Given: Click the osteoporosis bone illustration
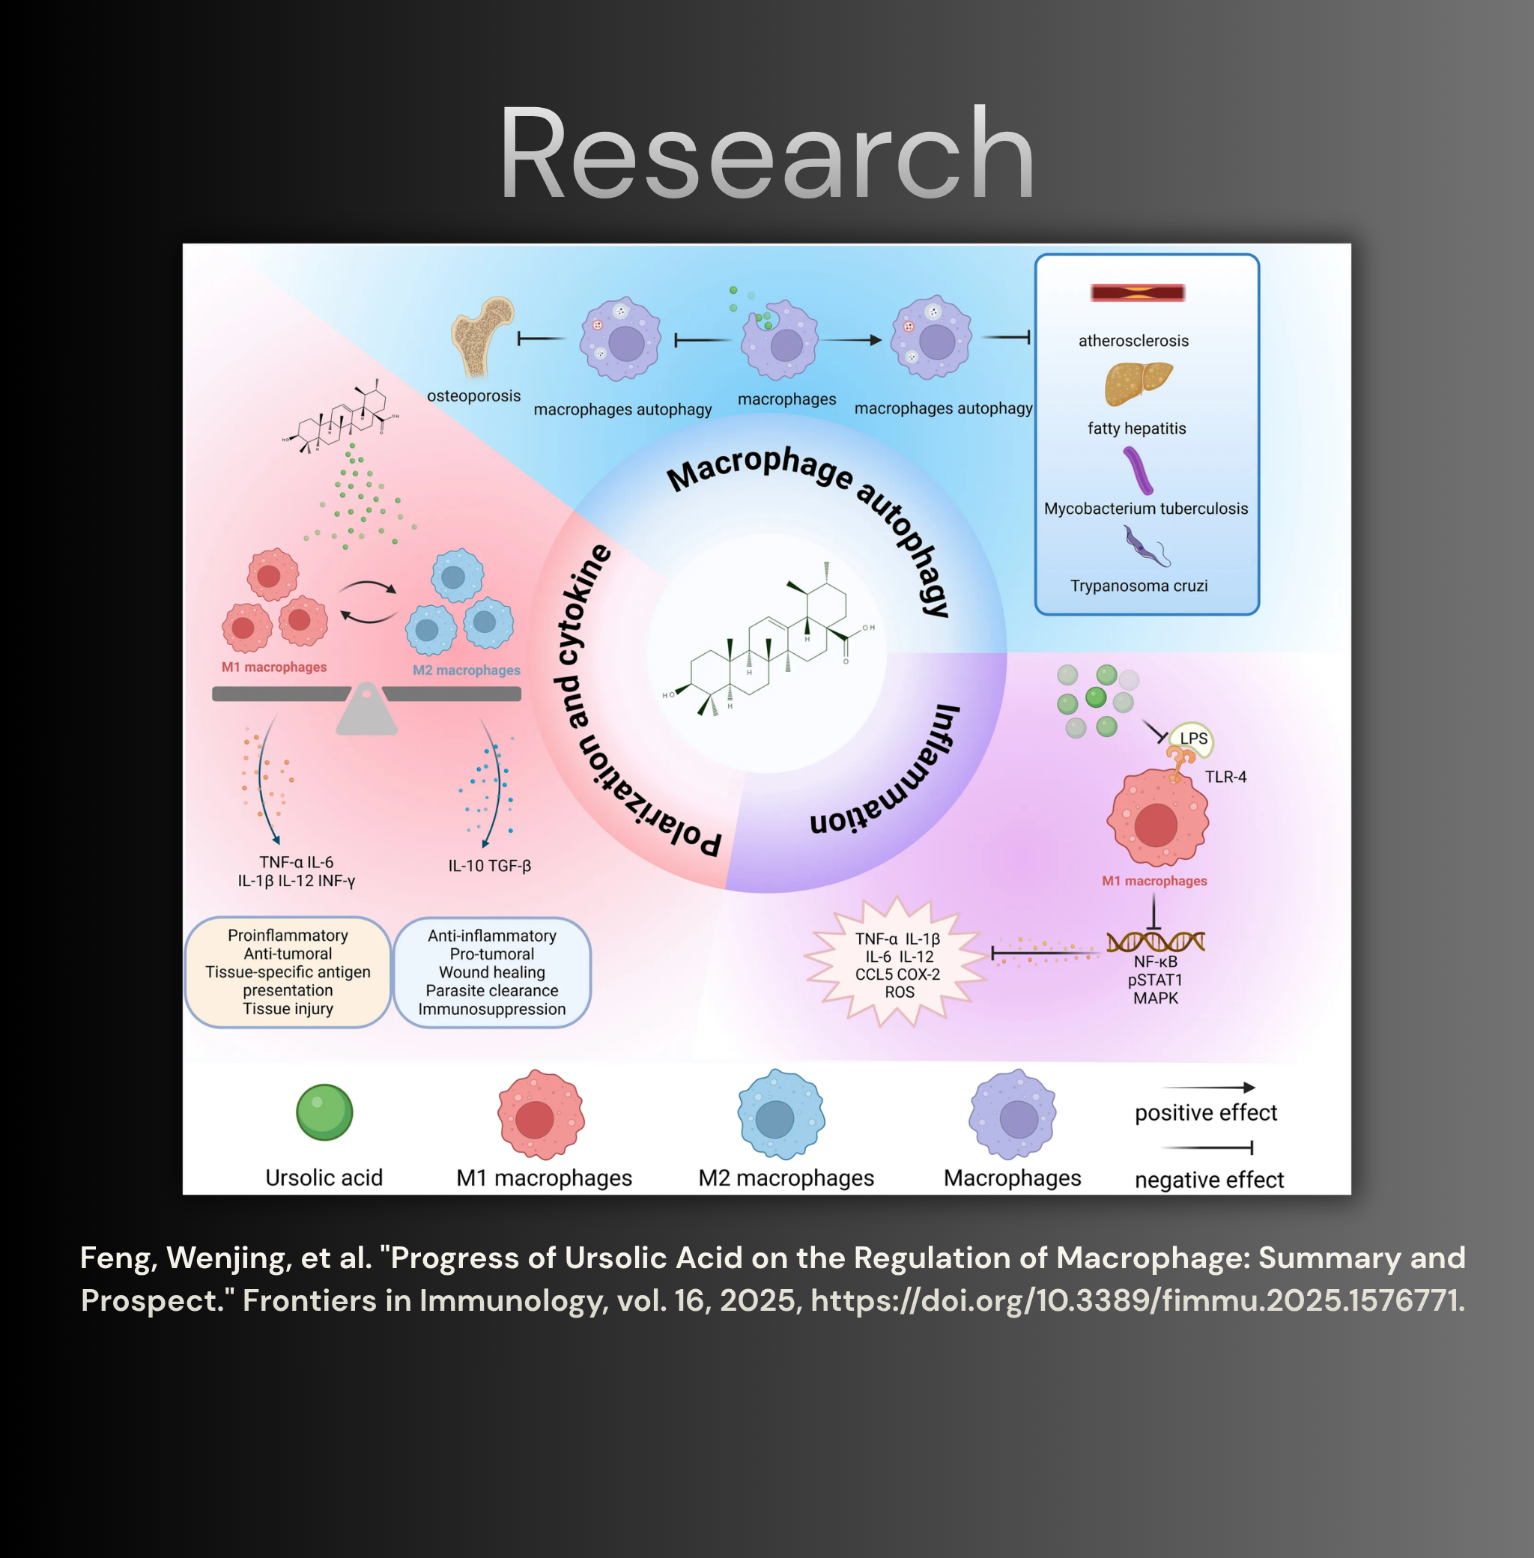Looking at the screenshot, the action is [x=482, y=337].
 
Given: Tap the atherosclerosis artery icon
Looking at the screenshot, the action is [x=1137, y=292].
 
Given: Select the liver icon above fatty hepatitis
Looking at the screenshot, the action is [x=1138, y=384].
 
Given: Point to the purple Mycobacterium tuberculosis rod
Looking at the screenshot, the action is [x=1138, y=470].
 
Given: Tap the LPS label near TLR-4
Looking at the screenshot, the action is [x=1193, y=738].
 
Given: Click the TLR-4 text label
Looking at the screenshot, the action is [x=1225, y=777].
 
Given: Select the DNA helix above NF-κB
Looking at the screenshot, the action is [x=1155, y=941].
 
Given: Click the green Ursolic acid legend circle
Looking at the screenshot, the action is [x=324, y=1112].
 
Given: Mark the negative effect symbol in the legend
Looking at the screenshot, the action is [x=1207, y=1147].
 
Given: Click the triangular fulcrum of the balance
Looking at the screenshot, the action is [x=366, y=708].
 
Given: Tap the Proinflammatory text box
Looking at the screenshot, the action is [x=288, y=972].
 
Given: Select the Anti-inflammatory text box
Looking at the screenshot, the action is [x=492, y=972].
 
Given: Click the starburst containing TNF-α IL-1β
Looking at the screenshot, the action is [x=897, y=963].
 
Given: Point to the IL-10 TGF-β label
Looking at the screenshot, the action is [x=490, y=866].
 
